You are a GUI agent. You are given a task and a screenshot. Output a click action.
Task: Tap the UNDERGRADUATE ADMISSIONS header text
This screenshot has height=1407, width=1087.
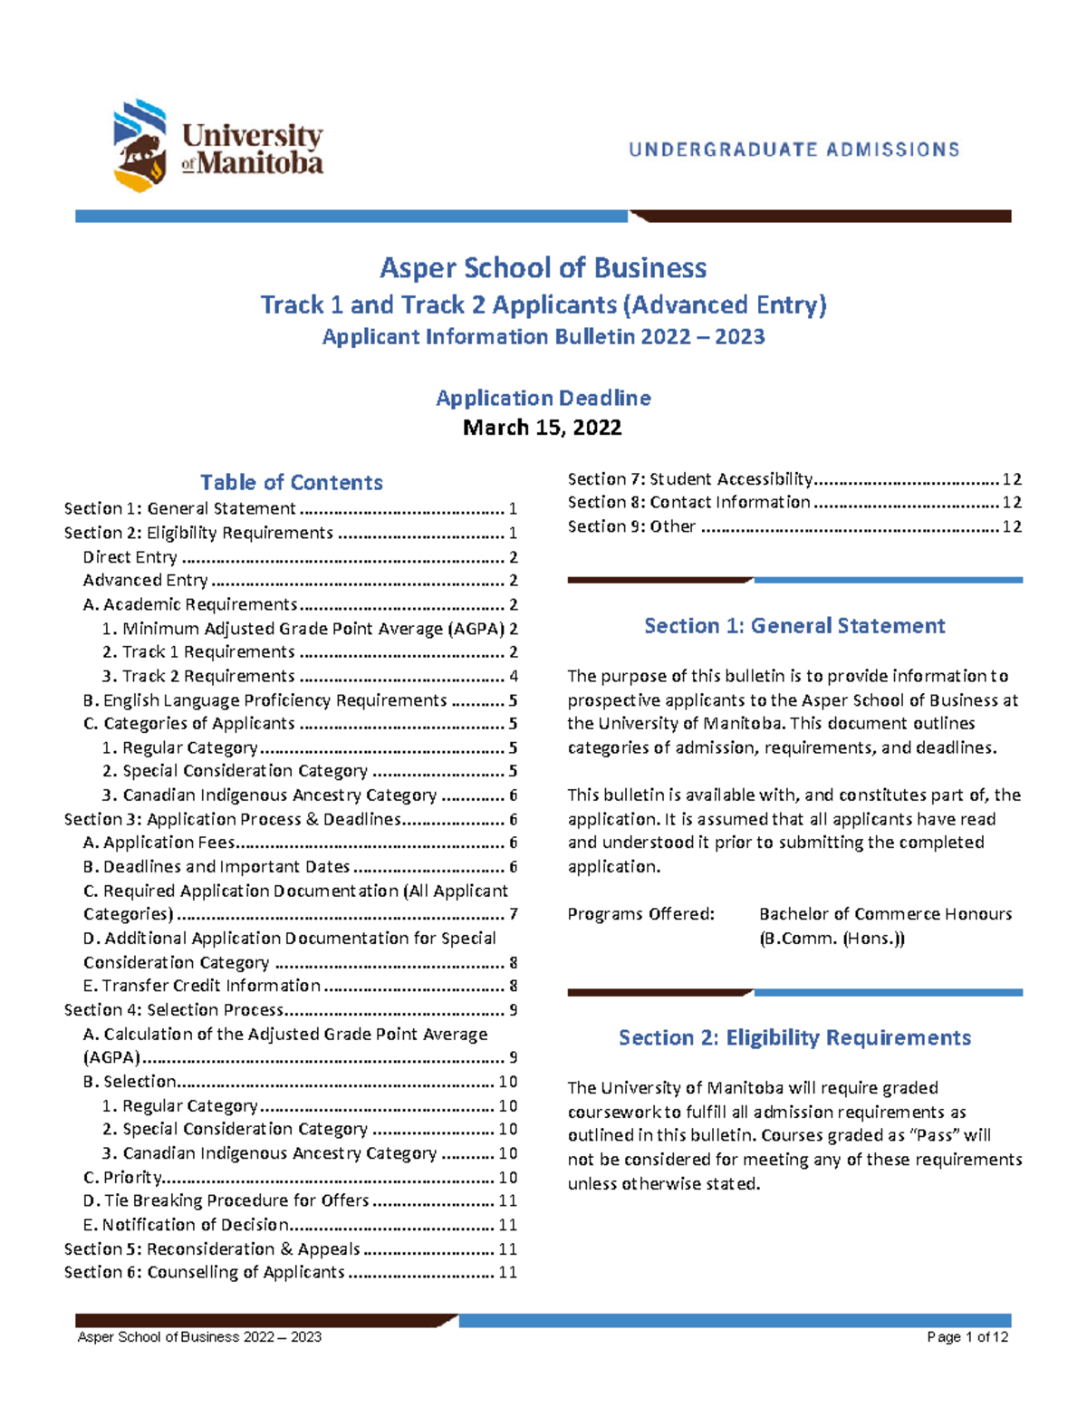(x=794, y=149)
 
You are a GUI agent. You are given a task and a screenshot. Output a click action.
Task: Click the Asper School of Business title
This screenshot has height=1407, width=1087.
(x=543, y=268)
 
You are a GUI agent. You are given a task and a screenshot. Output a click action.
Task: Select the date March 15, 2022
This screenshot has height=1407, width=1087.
(x=542, y=428)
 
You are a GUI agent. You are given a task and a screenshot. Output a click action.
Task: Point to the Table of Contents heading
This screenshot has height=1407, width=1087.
(x=291, y=482)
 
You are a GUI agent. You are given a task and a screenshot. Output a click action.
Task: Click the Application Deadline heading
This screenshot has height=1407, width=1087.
(x=543, y=398)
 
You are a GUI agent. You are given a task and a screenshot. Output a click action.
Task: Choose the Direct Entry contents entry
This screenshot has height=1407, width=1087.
(x=130, y=557)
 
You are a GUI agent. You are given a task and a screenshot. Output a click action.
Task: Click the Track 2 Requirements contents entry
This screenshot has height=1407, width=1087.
(x=207, y=676)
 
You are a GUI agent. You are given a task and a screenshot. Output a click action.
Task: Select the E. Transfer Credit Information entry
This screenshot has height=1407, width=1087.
(x=201, y=986)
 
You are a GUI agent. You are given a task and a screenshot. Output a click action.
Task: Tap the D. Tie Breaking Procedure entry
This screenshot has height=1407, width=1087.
(x=226, y=1200)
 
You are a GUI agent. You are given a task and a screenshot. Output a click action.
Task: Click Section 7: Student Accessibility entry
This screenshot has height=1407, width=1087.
(x=690, y=479)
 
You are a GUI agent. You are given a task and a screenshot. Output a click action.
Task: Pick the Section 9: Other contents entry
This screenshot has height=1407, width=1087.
(x=631, y=526)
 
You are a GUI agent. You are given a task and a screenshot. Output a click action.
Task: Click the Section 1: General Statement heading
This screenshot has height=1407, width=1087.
(x=794, y=626)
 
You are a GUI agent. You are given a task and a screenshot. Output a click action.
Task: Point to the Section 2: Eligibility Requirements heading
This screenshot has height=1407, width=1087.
(x=794, y=1037)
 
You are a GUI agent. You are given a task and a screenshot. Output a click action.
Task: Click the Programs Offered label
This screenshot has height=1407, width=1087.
(x=640, y=914)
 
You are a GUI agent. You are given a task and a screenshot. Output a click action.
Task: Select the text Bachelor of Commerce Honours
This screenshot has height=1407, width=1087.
(x=885, y=914)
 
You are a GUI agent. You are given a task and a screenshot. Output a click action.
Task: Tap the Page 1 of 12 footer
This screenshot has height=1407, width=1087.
(x=967, y=1337)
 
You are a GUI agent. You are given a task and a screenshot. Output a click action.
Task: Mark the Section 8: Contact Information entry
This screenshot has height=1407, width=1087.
(x=688, y=503)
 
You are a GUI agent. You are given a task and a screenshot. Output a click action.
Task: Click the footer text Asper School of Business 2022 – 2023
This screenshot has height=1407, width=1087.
(x=199, y=1337)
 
